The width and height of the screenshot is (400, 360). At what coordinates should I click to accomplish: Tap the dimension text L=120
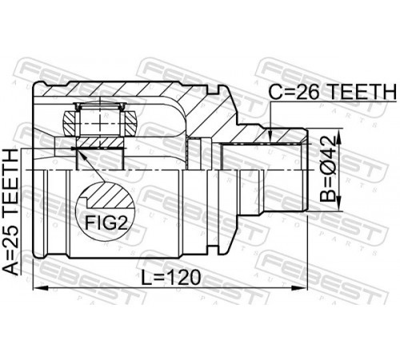pyautogui.click(x=170, y=278)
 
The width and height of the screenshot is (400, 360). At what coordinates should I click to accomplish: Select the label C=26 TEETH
pyautogui.click(x=332, y=92)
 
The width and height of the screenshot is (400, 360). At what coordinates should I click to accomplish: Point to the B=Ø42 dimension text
pyautogui.click(x=328, y=169)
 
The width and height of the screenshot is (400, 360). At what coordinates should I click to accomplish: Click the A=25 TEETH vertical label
pyautogui.click(x=11, y=212)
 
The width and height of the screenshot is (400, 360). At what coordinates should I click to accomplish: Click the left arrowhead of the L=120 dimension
pyautogui.click(x=40, y=288)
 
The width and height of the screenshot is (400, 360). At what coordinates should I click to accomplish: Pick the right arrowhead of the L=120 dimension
pyautogui.click(x=300, y=288)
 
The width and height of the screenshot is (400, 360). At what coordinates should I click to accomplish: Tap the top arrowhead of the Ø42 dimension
pyautogui.click(x=338, y=137)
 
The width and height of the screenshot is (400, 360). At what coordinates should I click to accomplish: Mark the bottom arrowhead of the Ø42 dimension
pyautogui.click(x=338, y=204)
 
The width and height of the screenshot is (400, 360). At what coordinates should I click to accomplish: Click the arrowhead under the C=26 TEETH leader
pyautogui.click(x=270, y=136)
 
